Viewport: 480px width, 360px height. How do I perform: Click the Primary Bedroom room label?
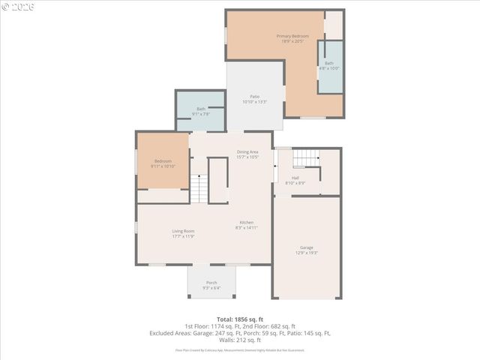[x=292, y=36]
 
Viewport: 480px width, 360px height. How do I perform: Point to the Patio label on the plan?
[x=255, y=97]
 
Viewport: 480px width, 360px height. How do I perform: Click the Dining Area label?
[x=247, y=152]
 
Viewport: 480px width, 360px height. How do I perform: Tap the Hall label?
[x=295, y=178]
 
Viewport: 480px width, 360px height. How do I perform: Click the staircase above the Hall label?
[x=304, y=158]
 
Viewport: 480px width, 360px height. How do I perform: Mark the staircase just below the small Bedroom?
[x=198, y=189]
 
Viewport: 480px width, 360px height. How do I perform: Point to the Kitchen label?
[x=247, y=223]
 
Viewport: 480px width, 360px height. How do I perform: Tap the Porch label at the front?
[x=211, y=283]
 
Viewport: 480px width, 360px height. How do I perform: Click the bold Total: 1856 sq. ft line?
[x=240, y=319]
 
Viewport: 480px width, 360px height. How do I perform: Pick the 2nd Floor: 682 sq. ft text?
[x=270, y=326]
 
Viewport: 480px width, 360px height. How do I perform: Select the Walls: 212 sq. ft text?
[x=240, y=340]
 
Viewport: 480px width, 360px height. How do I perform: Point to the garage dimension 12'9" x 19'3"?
[x=306, y=253]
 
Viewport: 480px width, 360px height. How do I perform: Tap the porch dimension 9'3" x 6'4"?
[x=211, y=288]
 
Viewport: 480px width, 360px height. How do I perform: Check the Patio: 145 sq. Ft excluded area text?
[x=304, y=333]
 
